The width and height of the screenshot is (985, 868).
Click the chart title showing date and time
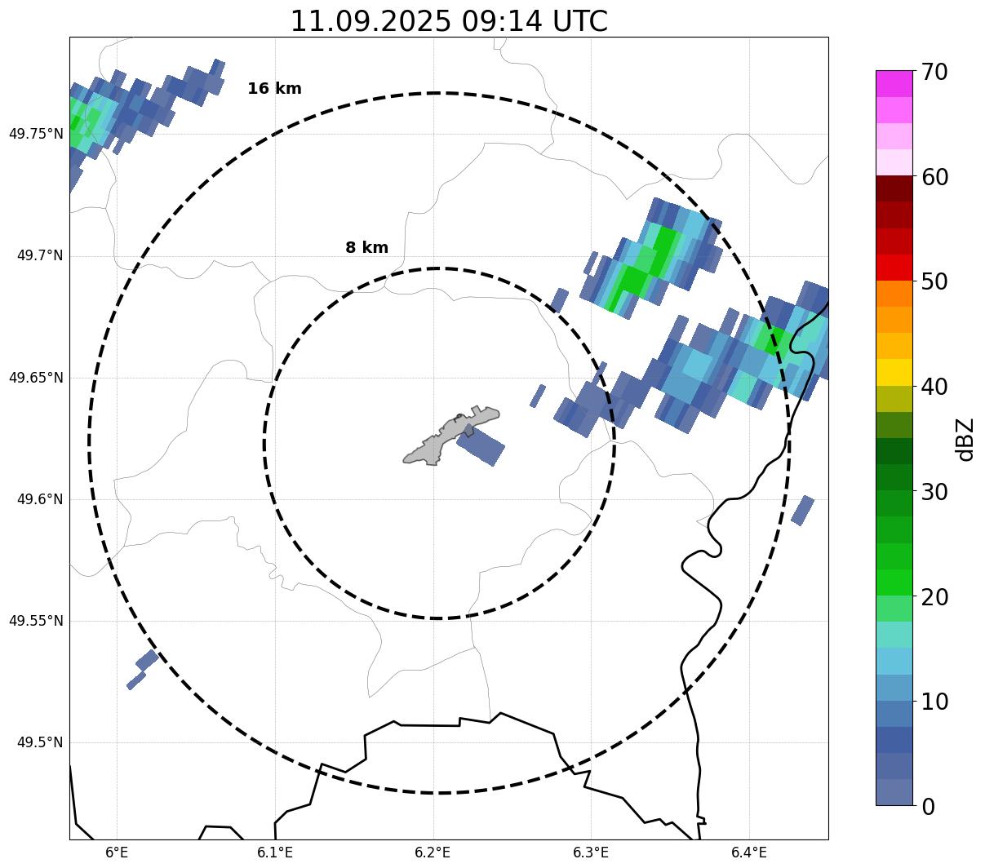[x=449, y=21]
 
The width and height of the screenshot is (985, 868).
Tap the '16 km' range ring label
[x=274, y=89]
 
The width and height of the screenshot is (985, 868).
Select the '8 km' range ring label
[x=366, y=248]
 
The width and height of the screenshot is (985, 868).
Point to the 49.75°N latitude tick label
[x=36, y=134]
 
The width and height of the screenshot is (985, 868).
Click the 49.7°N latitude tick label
[x=40, y=256]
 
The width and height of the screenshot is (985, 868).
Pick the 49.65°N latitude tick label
[x=36, y=378]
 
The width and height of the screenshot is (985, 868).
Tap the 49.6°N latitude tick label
[x=40, y=499]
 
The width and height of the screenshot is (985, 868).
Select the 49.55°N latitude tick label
[x=36, y=621]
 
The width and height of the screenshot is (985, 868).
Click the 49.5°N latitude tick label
[x=40, y=742]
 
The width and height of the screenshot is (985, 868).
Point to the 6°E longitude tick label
[x=118, y=852]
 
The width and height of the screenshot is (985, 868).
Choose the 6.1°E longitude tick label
[x=275, y=852]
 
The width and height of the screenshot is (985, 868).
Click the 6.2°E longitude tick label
[x=433, y=852]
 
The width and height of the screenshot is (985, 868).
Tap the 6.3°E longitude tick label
[x=591, y=852]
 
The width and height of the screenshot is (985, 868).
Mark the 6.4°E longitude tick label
[x=749, y=852]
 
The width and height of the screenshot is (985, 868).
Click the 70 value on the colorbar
[x=934, y=72]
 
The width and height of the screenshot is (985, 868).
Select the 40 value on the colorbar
[x=934, y=387]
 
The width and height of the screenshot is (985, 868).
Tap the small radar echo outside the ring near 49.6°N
[x=802, y=510]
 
